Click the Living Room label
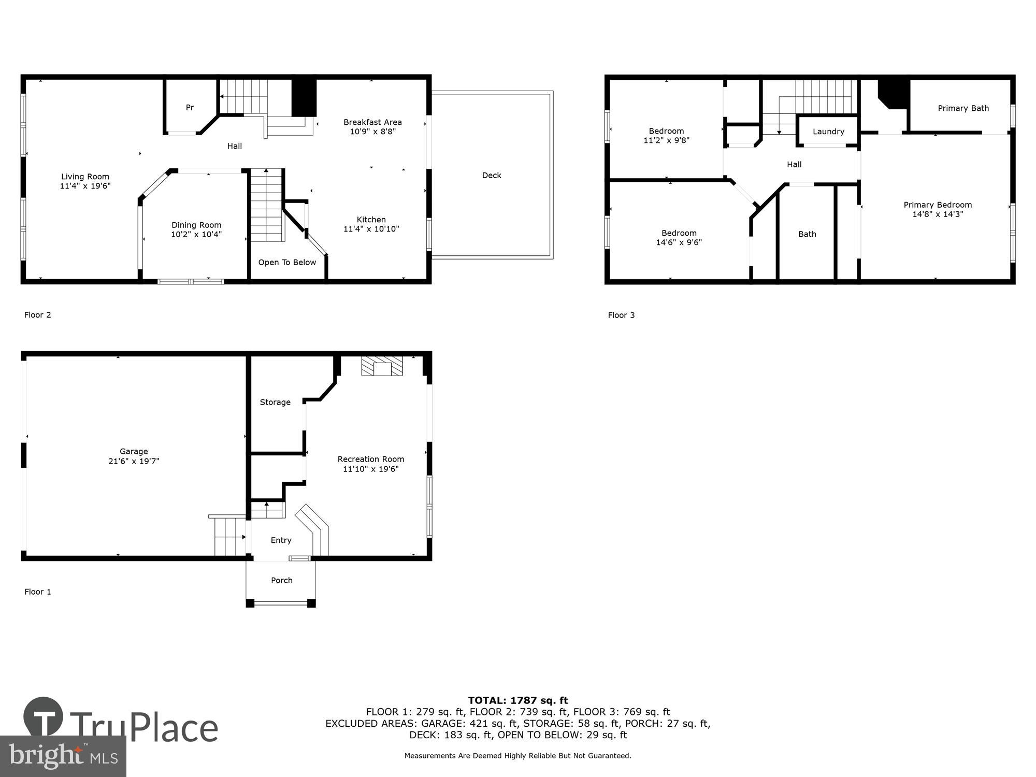click(x=85, y=177)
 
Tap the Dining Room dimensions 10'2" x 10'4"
click(x=196, y=235)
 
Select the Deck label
click(x=491, y=176)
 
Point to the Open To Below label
click(x=287, y=263)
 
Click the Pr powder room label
click(x=190, y=108)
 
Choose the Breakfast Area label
click(x=372, y=122)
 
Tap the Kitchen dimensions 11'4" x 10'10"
click(x=371, y=229)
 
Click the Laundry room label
click(x=828, y=132)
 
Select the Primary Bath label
click(x=963, y=108)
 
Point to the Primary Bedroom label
click(x=937, y=205)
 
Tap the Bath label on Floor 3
click(x=807, y=234)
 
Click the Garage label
click(x=134, y=452)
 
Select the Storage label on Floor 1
click(x=275, y=402)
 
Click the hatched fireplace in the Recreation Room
click(x=382, y=366)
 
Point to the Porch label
click(x=281, y=581)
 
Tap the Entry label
click(x=281, y=540)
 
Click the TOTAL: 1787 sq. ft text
click(x=517, y=701)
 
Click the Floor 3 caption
click(x=621, y=315)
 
